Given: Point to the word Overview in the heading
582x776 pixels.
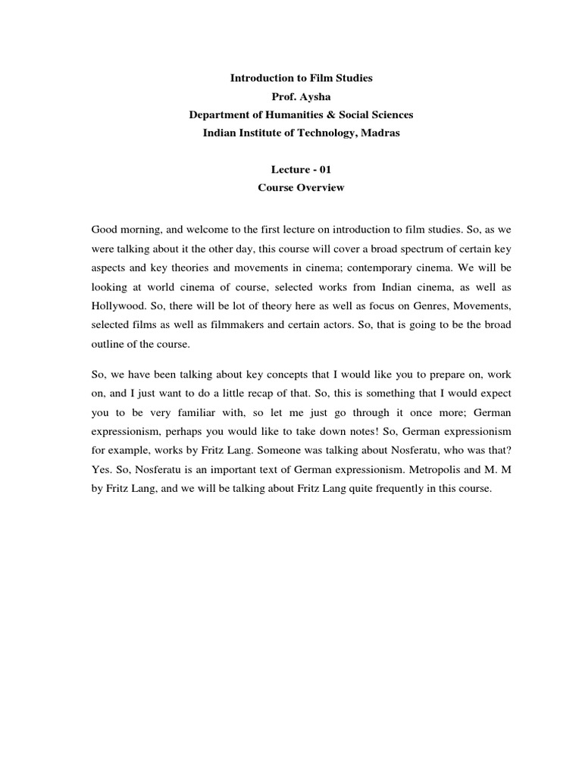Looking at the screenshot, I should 318,188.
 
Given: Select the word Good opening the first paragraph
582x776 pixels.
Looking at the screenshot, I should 105,228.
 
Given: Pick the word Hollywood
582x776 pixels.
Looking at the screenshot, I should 117,307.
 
